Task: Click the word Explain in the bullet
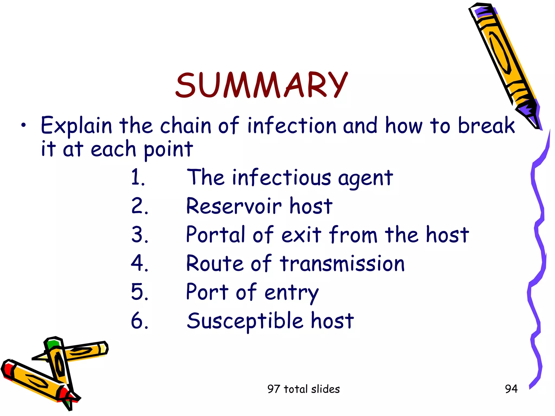tap(76, 126)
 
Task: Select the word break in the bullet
tap(486, 125)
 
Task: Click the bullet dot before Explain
tap(24, 125)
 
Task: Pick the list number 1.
tap(138, 177)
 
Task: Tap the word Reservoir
tap(234, 206)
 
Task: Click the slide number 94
tap(511, 389)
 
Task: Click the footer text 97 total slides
tap(304, 389)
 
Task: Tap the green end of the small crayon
tap(52, 344)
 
